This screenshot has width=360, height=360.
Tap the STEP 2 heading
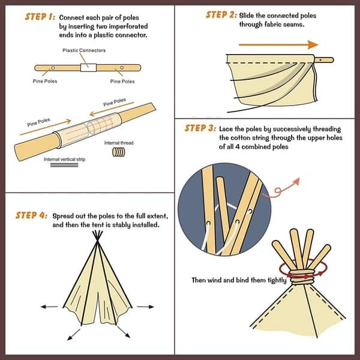click(221, 14)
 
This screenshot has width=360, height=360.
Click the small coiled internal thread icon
click(118, 153)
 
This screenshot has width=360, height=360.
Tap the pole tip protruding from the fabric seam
click(325, 60)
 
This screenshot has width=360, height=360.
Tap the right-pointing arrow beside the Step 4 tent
click(145, 307)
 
